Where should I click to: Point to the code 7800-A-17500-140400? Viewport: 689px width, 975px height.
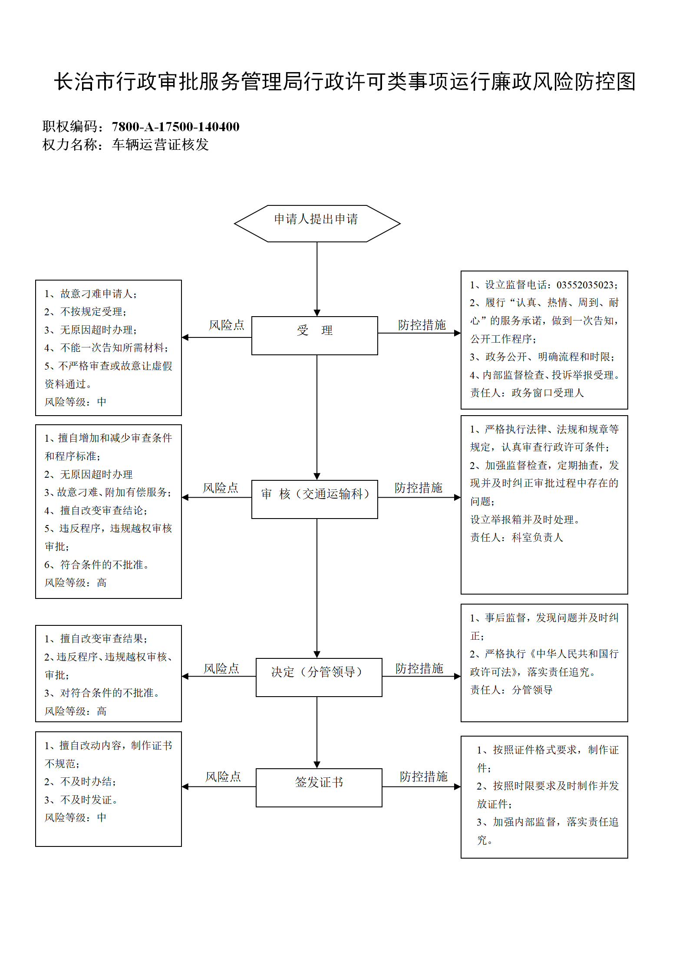point(176,127)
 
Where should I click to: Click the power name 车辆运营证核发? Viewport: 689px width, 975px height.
point(160,145)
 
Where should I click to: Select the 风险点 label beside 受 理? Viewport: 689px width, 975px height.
point(227,325)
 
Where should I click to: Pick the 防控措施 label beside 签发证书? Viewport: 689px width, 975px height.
point(424,777)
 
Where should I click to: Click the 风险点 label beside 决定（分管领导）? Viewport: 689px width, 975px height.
point(221,668)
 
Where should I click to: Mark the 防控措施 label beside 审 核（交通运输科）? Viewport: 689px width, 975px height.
point(419,488)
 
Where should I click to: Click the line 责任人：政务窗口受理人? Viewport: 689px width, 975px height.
point(527,393)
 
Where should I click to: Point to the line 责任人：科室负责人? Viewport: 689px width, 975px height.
point(517,538)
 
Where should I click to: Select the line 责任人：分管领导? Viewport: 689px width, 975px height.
point(511,690)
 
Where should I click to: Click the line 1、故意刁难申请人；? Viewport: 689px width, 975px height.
point(91,294)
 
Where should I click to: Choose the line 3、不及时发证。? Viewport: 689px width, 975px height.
point(81,800)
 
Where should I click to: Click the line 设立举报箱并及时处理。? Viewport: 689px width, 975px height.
point(525,519)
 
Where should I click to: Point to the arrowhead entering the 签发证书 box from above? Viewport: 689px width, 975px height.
point(317,765)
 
